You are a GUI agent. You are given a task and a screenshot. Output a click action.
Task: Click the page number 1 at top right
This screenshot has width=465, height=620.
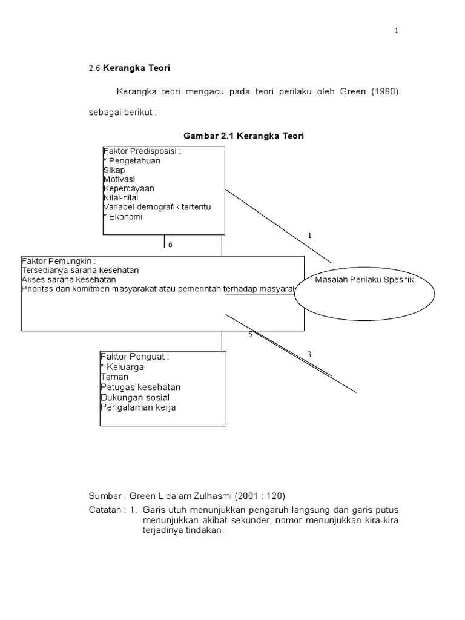click(x=397, y=31)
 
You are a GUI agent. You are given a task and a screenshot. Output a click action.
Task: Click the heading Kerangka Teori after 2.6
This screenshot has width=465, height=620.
click(x=132, y=68)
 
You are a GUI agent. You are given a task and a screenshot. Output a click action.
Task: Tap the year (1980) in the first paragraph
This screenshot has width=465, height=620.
click(x=386, y=91)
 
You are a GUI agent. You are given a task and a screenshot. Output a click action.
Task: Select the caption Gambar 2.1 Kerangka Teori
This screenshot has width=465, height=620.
click(x=243, y=136)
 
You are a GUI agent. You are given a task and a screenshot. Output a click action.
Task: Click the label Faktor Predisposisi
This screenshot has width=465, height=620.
click(x=141, y=151)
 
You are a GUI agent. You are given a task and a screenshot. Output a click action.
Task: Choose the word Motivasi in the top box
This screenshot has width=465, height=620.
click(x=119, y=179)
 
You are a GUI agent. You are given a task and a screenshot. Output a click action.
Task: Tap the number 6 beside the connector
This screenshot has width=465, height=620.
click(x=170, y=245)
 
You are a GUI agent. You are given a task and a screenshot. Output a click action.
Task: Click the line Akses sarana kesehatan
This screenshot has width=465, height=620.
click(x=68, y=280)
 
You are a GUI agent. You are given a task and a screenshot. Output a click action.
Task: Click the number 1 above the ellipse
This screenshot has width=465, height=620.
click(x=309, y=235)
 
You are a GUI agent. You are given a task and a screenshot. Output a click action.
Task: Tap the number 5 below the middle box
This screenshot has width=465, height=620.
click(x=250, y=334)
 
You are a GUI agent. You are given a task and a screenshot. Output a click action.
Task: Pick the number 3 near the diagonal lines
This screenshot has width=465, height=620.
click(x=309, y=355)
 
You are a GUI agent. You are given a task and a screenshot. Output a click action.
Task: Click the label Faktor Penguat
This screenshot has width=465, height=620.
click(x=134, y=357)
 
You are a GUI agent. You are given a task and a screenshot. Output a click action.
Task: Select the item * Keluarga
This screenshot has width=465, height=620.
click(x=122, y=367)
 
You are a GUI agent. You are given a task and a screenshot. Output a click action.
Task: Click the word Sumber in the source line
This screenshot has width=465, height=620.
click(x=107, y=495)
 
